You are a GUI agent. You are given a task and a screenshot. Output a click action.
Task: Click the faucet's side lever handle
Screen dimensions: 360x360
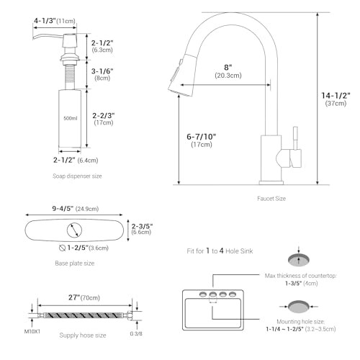coord(295,147)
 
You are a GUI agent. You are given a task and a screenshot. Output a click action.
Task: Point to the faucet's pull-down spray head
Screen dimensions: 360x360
coord(181,76)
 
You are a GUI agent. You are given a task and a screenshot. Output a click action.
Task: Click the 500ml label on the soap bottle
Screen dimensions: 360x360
coord(71,118)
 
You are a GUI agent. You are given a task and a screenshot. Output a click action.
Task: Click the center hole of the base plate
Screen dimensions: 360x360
coord(74,230)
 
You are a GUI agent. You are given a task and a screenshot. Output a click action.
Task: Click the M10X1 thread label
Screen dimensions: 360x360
coord(32,331)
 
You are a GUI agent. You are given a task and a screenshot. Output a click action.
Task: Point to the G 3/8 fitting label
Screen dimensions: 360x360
coord(136,333)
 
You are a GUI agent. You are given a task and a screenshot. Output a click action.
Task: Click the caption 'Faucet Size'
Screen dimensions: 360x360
coord(271,199)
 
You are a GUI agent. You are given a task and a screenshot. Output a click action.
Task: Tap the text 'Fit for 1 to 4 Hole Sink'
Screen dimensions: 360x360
coord(220,251)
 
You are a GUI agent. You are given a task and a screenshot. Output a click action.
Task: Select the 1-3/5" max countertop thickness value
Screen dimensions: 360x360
coord(293,283)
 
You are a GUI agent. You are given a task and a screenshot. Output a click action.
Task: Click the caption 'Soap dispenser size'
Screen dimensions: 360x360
coord(77,176)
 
